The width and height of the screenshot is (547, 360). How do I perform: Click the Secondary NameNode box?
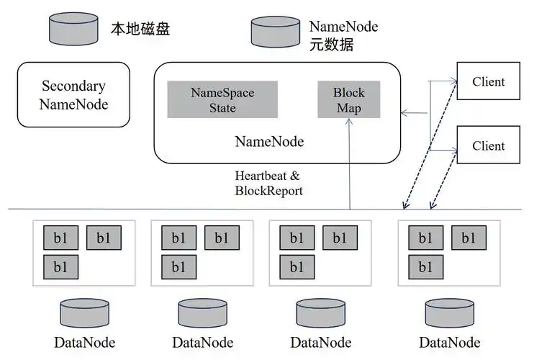click(x=73, y=95)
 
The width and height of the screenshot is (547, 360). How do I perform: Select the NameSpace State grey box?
click(x=222, y=100)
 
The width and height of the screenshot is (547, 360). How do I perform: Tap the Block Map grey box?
click(x=348, y=100)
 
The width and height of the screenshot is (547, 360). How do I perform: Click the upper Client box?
click(x=488, y=82)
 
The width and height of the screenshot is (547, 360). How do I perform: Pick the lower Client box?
click(x=488, y=145)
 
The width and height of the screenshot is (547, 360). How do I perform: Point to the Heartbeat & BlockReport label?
click(x=268, y=184)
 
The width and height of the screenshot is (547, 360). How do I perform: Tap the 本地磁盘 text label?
click(x=140, y=29)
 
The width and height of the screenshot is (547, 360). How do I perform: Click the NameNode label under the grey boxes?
click(x=269, y=142)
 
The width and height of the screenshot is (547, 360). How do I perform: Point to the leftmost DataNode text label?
click(x=84, y=342)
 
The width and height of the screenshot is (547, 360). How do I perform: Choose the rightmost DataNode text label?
click(x=449, y=342)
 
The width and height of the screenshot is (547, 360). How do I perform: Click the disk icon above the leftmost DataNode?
click(x=84, y=314)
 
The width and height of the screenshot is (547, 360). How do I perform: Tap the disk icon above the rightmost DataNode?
click(x=449, y=314)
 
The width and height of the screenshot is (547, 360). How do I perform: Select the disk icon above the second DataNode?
click(x=202, y=314)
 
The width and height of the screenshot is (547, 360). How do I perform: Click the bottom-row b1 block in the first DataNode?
click(x=60, y=267)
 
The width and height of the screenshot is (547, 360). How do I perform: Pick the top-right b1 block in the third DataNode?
click(x=340, y=238)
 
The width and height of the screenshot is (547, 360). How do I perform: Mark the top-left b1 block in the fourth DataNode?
click(x=425, y=238)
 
